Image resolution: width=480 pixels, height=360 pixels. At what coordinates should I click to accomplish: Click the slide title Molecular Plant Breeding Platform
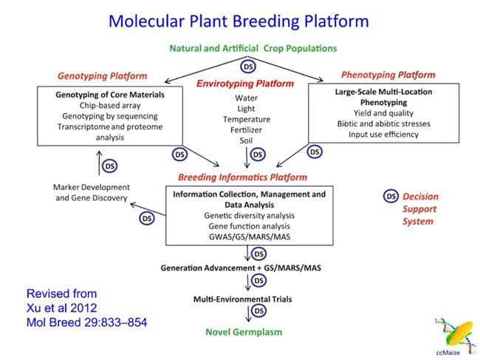(239, 20)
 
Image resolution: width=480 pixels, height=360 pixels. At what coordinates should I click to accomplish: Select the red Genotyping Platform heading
(103, 76)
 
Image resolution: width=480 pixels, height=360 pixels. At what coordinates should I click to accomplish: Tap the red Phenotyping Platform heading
(388, 75)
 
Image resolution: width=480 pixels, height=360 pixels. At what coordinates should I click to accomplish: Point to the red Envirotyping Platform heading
(246, 84)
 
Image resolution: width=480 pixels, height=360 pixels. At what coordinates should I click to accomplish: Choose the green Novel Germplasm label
(244, 332)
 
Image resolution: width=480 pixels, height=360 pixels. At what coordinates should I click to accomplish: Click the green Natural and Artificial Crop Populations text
(253, 49)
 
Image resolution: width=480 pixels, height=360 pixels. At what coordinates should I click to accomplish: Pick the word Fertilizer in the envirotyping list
(246, 129)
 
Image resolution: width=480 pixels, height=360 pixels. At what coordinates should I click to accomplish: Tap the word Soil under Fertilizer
(246, 140)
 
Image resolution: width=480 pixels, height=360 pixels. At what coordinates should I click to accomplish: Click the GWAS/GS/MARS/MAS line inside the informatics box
(247, 237)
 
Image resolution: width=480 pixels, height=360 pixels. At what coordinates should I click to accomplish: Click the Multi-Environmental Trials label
(244, 299)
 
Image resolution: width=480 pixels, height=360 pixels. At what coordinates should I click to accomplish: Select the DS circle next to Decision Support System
(391, 197)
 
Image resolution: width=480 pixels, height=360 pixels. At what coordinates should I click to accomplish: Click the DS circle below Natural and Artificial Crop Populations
(250, 67)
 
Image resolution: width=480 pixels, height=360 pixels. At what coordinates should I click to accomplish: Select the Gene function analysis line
(247, 226)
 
